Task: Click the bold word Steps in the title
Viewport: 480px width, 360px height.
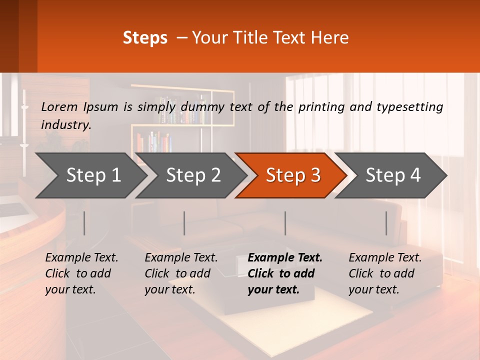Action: tap(145, 38)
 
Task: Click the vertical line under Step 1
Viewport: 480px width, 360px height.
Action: tap(84, 223)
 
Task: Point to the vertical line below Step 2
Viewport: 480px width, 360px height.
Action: tap(184, 223)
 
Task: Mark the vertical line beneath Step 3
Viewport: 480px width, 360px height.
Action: tap(285, 223)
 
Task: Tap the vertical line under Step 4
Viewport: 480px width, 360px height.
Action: tap(386, 223)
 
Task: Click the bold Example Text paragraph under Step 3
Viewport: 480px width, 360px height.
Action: tap(285, 273)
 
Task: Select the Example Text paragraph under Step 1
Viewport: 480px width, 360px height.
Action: tap(81, 273)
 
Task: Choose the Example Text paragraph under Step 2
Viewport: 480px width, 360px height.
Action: tap(181, 273)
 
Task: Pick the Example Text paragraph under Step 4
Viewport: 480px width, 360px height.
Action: tap(385, 273)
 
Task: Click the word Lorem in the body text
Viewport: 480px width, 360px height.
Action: tap(59, 106)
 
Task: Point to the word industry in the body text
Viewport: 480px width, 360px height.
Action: tap(65, 124)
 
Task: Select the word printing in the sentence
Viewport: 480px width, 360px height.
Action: tap(319, 106)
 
